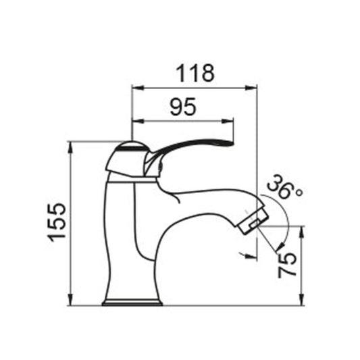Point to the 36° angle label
point(283,186)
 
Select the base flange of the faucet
point(132,301)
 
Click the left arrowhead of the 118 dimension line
point(134,86)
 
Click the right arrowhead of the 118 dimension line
point(254,86)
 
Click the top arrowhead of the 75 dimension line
point(301,230)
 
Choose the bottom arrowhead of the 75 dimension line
point(301,301)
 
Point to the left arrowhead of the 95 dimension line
point(134,122)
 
